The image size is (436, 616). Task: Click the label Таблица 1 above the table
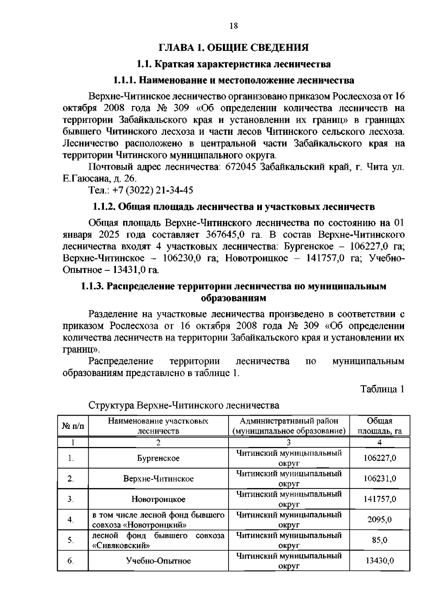click(x=382, y=389)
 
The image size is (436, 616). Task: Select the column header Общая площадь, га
click(x=379, y=426)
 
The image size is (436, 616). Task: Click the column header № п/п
click(x=73, y=426)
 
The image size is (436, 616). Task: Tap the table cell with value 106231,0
click(x=379, y=479)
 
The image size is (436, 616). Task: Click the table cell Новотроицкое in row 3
click(x=158, y=499)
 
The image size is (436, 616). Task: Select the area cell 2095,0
click(x=379, y=520)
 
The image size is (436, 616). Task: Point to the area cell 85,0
click(x=379, y=540)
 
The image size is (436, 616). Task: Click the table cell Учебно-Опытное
click(x=158, y=561)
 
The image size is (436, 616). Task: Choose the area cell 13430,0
click(x=379, y=561)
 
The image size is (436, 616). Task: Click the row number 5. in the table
click(x=71, y=540)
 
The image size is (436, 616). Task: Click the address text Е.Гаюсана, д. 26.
click(x=100, y=178)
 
